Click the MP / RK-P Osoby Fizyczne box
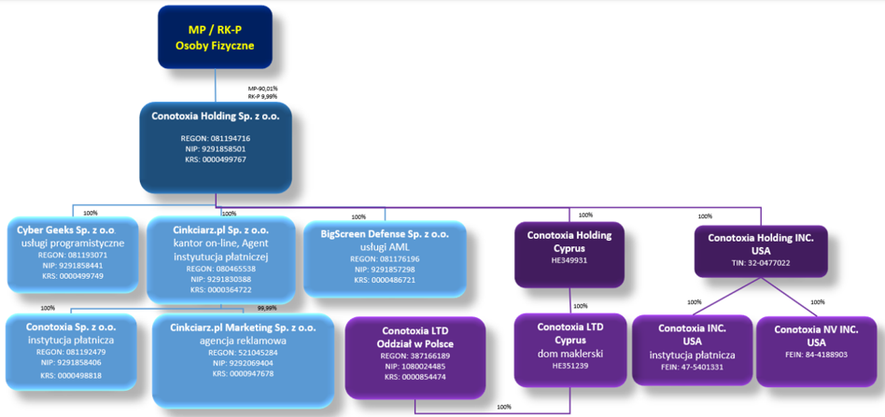click(x=215, y=38)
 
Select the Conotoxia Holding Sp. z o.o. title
click(x=215, y=117)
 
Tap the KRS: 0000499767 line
click(x=215, y=160)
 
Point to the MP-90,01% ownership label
click(x=262, y=90)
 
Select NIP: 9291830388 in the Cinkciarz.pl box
click(x=220, y=279)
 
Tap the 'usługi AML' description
click(x=385, y=246)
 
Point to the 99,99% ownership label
click(x=267, y=308)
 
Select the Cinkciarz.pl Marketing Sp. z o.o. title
click(x=244, y=327)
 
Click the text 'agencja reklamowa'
click(x=244, y=341)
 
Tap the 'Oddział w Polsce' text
click(x=414, y=344)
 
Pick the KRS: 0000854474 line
click(x=414, y=376)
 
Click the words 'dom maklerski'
click(x=570, y=354)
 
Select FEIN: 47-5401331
click(x=692, y=368)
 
